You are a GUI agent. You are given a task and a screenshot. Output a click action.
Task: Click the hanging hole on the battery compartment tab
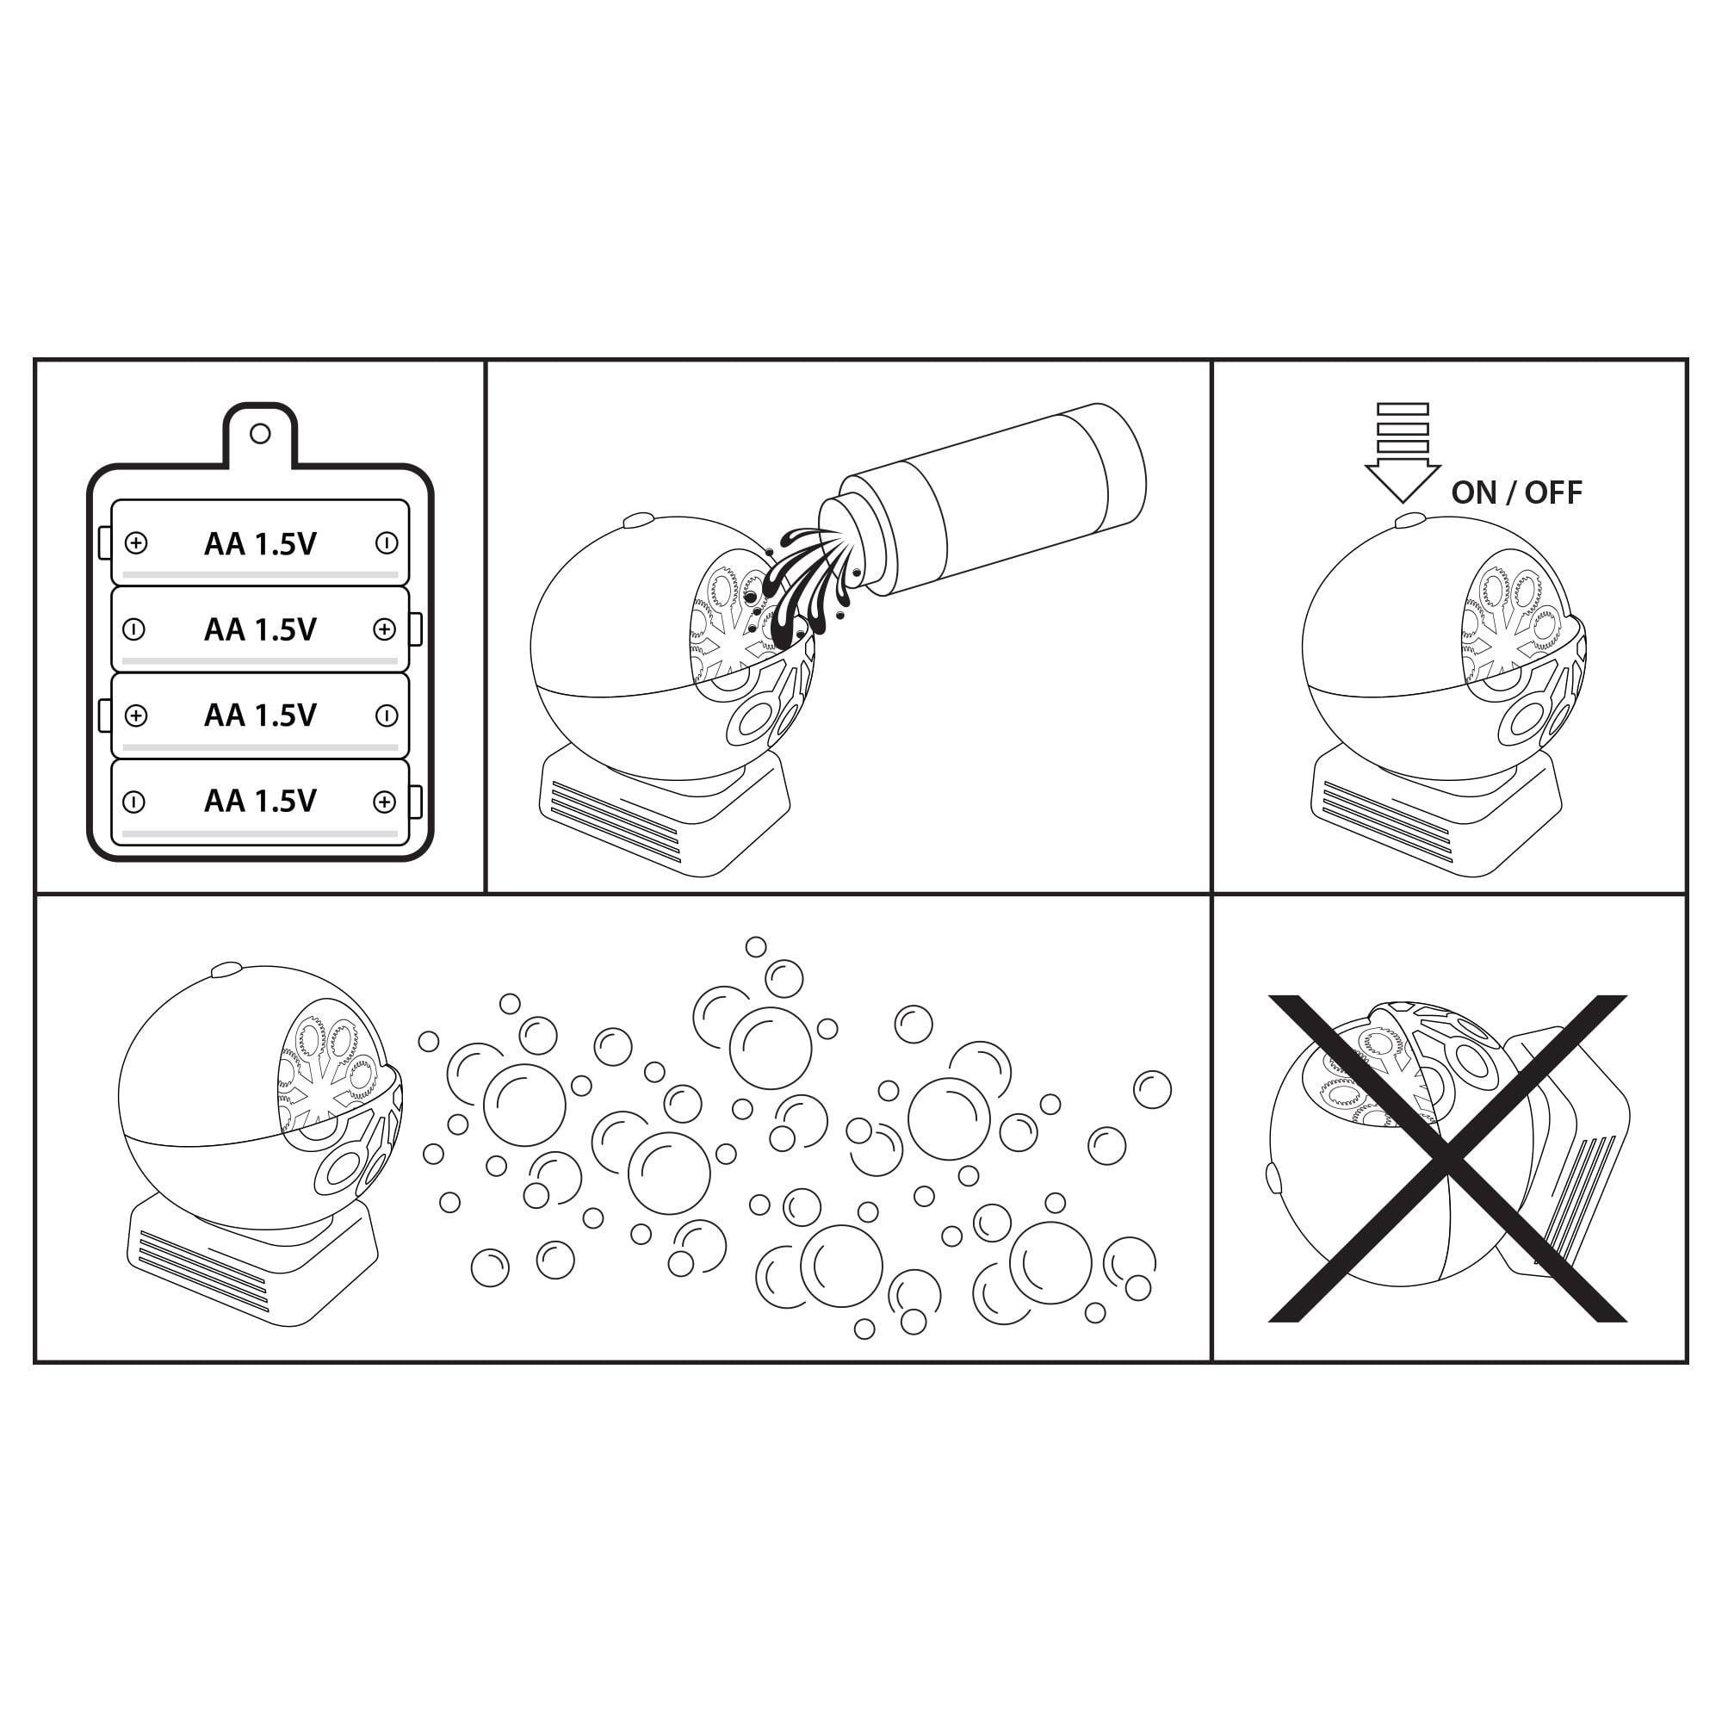pyautogui.click(x=260, y=434)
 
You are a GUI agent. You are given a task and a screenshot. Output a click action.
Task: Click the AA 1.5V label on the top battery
pyautogui.click(x=260, y=543)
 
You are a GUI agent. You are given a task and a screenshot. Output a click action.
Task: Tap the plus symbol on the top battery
pyautogui.click(x=136, y=542)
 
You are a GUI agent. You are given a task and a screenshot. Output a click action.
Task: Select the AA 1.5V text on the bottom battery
pyautogui.click(x=260, y=802)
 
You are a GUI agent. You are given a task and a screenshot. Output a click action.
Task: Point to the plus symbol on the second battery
pyautogui.click(x=384, y=629)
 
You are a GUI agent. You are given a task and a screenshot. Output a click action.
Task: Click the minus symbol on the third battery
pyautogui.click(x=386, y=715)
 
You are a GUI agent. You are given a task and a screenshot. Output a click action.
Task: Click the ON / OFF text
pyautogui.click(x=1517, y=492)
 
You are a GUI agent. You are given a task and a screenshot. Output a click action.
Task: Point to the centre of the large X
pyautogui.click(x=1448, y=1159)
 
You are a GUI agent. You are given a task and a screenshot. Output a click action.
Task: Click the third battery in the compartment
pyautogui.click(x=260, y=715)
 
